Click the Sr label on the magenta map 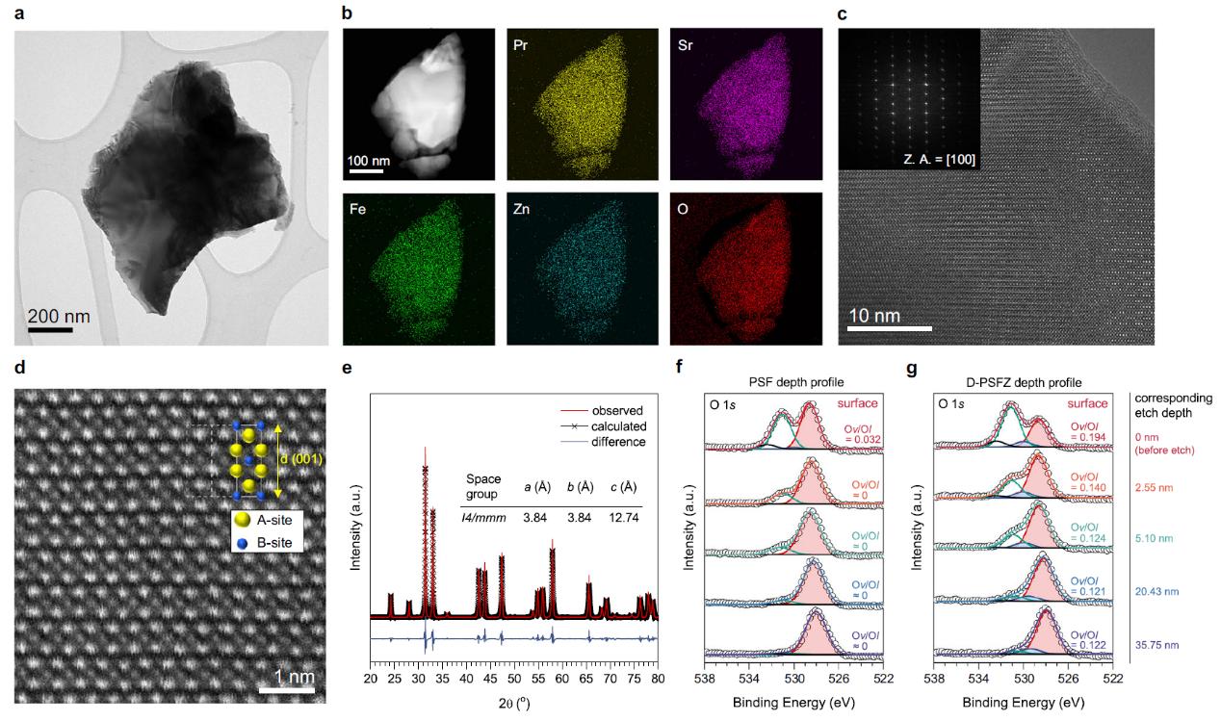(x=687, y=44)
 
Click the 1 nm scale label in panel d (x=287, y=678)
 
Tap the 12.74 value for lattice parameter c (x=627, y=517)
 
